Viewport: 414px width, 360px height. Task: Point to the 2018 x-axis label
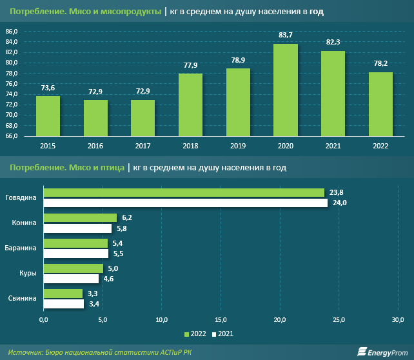(x=190, y=146)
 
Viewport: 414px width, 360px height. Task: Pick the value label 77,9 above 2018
(x=190, y=65)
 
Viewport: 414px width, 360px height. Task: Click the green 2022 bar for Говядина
(x=184, y=192)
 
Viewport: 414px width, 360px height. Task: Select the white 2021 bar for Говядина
(x=184, y=203)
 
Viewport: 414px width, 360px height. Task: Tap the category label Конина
(x=25, y=223)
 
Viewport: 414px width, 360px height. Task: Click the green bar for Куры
(x=73, y=268)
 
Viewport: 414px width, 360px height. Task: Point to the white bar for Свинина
(x=63, y=303)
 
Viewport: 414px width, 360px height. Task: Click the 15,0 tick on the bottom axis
(x=221, y=320)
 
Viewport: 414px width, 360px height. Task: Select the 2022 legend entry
(x=196, y=334)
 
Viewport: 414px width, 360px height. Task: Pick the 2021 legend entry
(x=223, y=334)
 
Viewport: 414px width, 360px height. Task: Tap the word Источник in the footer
(x=25, y=352)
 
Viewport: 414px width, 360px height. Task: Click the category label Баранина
(x=21, y=248)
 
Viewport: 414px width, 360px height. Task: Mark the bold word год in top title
(x=316, y=12)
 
